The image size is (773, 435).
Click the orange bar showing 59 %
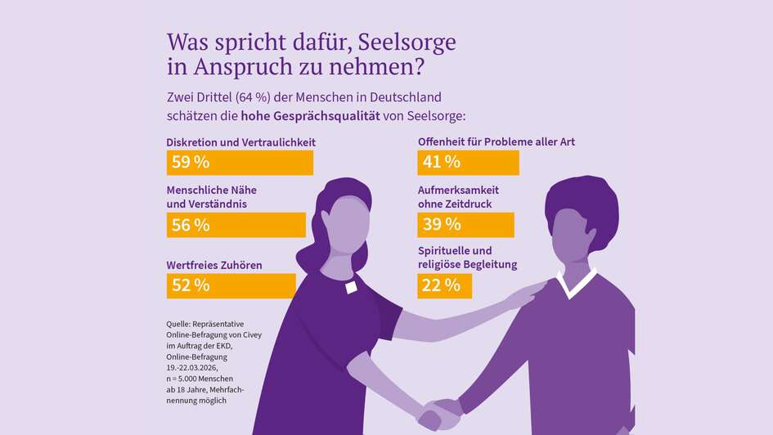click(240, 162)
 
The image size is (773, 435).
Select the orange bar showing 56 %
click(236, 225)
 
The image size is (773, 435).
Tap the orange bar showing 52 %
click(231, 285)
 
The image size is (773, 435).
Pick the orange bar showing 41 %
click(468, 162)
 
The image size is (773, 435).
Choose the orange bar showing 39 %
click(465, 225)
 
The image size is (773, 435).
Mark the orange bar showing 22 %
click(444, 285)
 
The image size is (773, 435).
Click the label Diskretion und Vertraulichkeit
click(240, 142)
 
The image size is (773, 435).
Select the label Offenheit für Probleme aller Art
click(496, 142)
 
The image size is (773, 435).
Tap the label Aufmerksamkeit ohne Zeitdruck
click(458, 196)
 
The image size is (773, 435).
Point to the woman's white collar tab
click(351, 287)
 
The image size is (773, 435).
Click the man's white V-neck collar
click(576, 284)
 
